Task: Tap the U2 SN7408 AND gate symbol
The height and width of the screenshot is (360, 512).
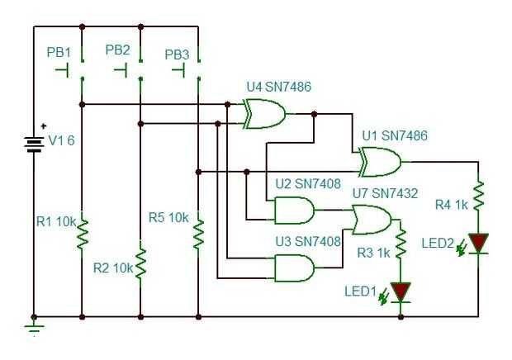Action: (294, 211)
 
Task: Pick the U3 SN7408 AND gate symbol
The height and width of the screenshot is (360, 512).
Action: (294, 268)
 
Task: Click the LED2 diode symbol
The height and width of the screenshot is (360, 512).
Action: (478, 243)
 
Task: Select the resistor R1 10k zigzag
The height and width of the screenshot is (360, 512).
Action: (83, 232)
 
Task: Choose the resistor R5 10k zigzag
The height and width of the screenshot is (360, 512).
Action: (199, 232)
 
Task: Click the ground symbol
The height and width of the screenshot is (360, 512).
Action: (34, 324)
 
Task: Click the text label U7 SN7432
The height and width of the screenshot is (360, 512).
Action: (385, 193)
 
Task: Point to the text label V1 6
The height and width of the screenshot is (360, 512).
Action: (61, 141)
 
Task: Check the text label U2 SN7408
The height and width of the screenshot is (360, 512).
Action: (308, 183)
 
